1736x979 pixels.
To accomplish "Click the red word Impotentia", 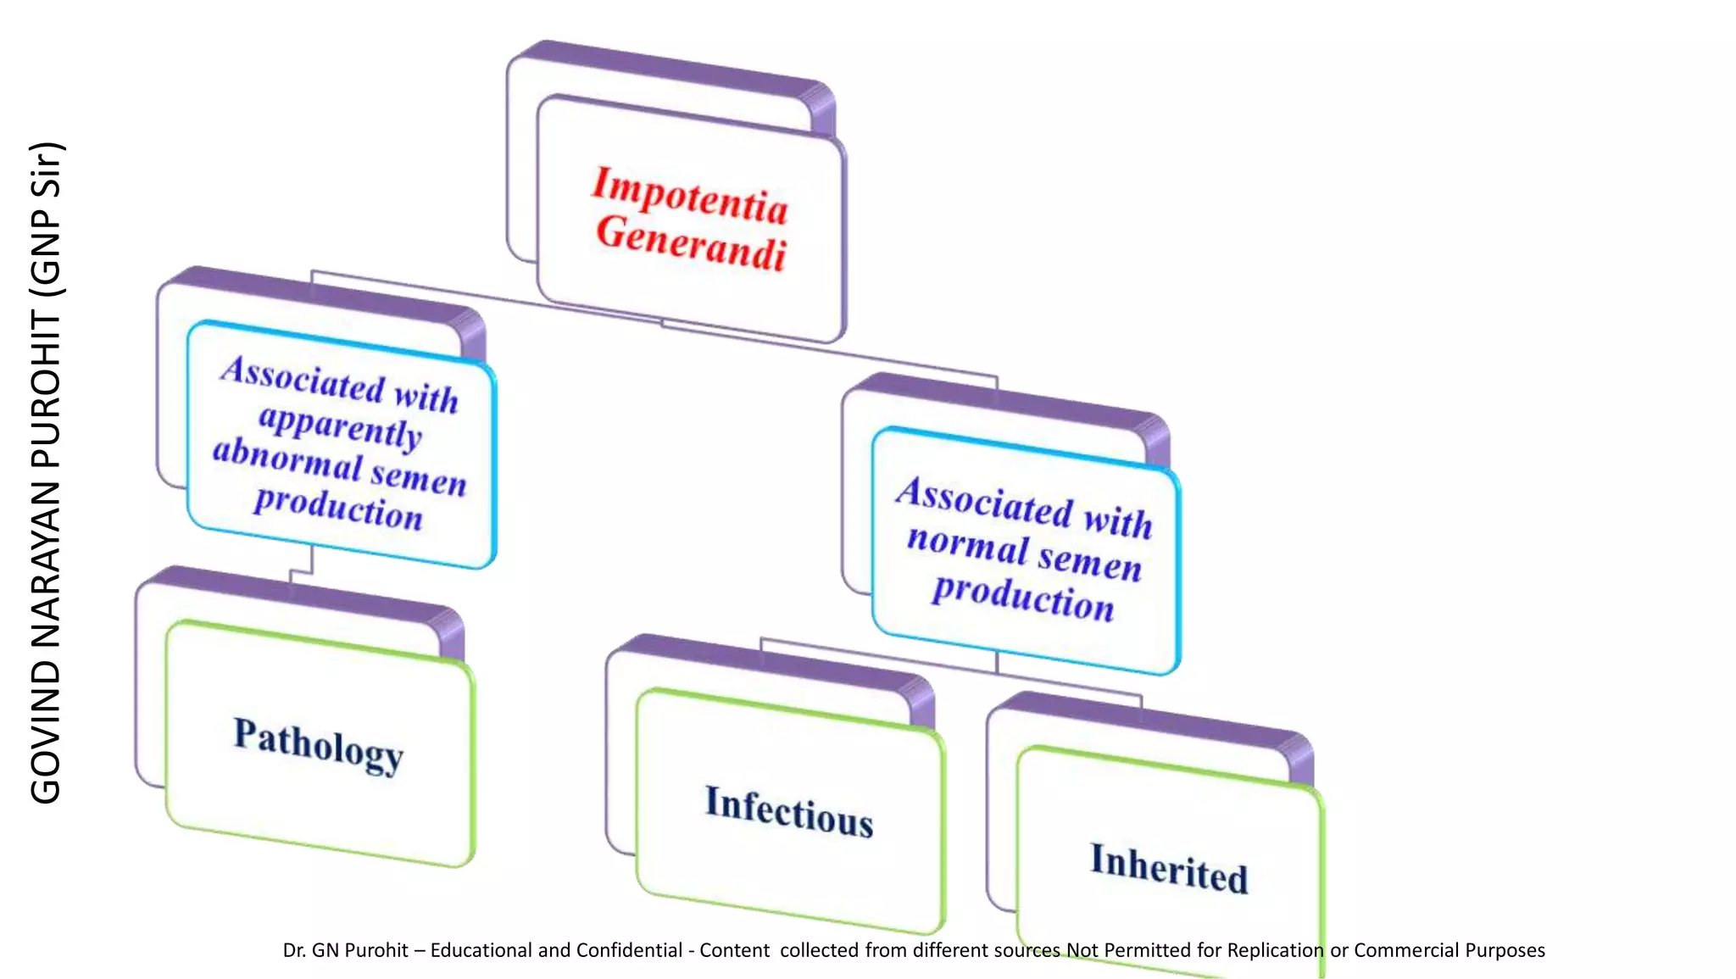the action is pos(689,196).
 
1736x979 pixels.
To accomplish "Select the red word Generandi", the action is pos(691,244).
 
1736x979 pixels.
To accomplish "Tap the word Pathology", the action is pos(318,744).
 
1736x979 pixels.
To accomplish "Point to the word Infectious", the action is pos(788,812).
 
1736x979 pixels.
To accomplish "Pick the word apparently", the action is pos(340,425).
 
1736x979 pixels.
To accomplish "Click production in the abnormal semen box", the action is pos(338,509).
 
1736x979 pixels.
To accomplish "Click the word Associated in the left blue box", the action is pos(303,378).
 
